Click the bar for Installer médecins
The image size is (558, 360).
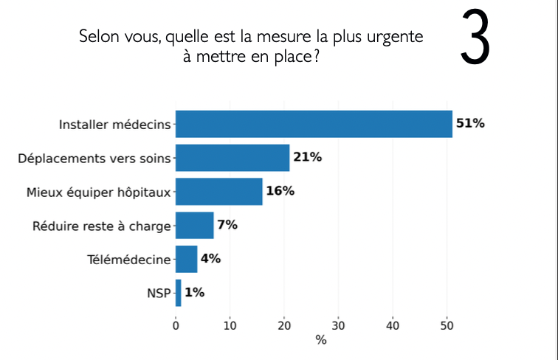314,124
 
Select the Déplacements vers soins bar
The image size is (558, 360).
232,158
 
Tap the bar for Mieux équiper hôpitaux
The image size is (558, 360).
219,191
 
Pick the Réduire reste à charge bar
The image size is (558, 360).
194,225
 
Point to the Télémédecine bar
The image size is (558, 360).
186,259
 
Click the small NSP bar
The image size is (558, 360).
179,293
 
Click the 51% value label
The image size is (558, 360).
470,123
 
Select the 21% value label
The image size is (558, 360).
308,157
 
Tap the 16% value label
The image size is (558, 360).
280,190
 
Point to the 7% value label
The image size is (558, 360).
227,224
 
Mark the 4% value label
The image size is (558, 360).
210,258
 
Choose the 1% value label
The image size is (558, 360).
194,292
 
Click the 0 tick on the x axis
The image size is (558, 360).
176,325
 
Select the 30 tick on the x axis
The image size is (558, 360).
338,325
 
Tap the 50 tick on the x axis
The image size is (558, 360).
447,325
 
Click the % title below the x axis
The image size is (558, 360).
320,340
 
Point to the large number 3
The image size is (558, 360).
475,37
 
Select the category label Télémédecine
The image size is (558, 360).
129,260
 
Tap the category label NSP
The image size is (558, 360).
159,293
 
